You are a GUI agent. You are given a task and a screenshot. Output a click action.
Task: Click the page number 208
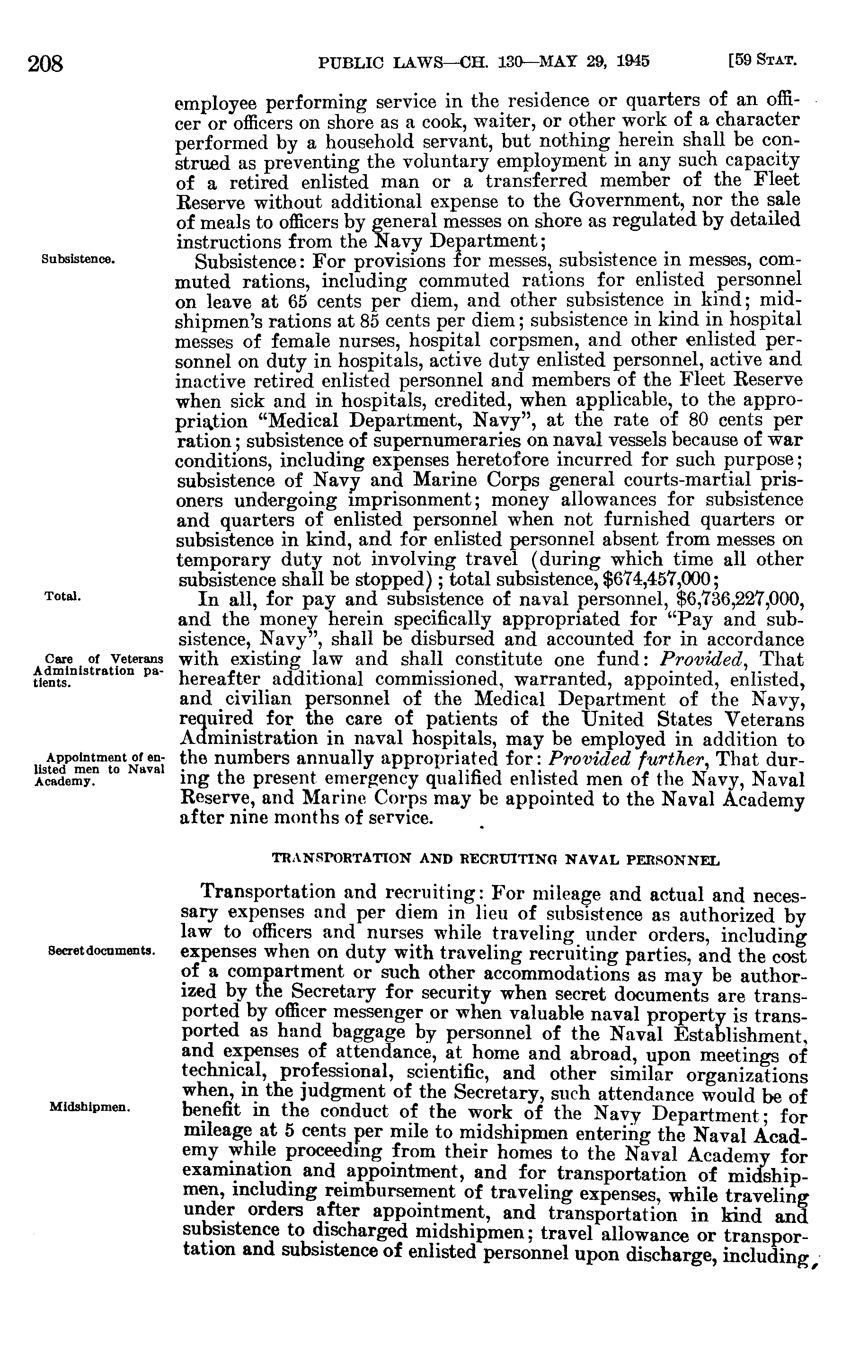47,63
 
